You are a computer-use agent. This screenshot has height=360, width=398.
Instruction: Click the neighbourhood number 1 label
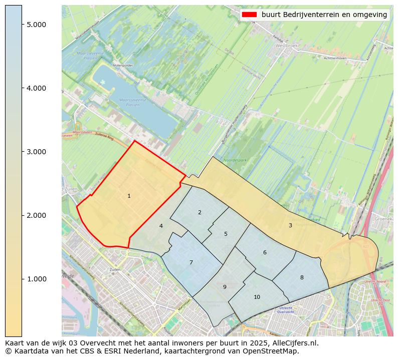point(129,196)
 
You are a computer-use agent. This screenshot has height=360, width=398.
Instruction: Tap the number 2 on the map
point(200,212)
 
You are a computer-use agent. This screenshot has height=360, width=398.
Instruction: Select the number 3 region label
point(290,225)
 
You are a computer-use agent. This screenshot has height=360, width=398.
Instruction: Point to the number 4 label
point(161,226)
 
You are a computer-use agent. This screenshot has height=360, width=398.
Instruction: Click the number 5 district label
point(226,234)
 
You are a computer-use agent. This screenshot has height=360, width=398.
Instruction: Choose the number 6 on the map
point(265,252)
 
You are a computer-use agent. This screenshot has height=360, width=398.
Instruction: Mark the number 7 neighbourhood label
point(191,262)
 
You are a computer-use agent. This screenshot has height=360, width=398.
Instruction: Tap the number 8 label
point(302,277)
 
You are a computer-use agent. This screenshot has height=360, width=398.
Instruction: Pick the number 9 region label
point(225,287)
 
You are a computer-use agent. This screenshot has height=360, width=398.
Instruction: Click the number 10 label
point(257,297)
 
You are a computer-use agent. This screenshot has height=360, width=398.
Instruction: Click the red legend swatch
point(249,15)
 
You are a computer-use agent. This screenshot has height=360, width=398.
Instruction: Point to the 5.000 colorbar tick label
point(36,25)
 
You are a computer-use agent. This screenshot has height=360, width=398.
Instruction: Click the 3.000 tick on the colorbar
point(36,152)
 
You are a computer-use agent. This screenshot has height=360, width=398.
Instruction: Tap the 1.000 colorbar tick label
point(36,279)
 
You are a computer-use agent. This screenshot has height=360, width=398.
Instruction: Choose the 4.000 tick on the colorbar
point(36,88)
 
